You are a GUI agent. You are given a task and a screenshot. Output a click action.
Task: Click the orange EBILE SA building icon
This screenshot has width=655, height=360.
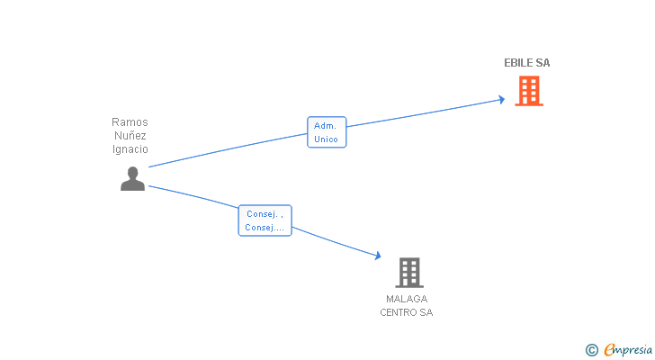(x=528, y=91)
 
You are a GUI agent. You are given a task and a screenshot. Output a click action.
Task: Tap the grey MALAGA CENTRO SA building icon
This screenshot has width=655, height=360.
(x=408, y=272)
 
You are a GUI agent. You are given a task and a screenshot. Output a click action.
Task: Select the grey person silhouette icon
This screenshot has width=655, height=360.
(x=132, y=179)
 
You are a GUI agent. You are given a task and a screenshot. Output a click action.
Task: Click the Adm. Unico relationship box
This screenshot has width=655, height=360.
(x=327, y=132)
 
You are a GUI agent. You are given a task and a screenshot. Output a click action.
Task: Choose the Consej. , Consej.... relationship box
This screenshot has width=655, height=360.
(x=265, y=220)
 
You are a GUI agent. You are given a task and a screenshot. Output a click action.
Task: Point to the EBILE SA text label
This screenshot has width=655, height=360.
(x=526, y=63)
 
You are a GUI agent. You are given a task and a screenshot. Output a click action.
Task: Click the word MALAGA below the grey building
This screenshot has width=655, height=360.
(x=407, y=299)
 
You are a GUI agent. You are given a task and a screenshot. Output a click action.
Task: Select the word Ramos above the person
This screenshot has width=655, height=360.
(x=130, y=121)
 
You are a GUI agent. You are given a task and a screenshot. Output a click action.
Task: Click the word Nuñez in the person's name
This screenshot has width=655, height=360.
(x=130, y=135)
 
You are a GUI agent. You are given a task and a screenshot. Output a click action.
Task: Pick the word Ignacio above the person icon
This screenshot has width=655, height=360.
(x=130, y=149)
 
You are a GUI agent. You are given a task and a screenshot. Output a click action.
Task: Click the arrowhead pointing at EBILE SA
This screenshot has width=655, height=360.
(x=500, y=99)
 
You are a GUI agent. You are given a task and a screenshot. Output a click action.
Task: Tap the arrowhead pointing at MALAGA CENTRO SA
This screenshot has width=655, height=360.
(x=377, y=256)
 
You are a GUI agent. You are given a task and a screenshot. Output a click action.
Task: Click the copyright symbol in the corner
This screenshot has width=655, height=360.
(x=591, y=349)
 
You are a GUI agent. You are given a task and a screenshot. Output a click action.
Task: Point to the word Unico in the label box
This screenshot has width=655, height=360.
(x=327, y=139)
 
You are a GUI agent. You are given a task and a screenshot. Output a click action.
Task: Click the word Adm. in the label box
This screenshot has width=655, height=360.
(x=326, y=126)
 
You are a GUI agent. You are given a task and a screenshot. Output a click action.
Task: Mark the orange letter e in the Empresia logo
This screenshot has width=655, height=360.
(x=609, y=349)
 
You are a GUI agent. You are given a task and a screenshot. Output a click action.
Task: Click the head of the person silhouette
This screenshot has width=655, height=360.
(x=132, y=172)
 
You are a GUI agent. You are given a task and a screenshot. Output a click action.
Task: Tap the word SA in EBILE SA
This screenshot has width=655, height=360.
(x=543, y=63)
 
